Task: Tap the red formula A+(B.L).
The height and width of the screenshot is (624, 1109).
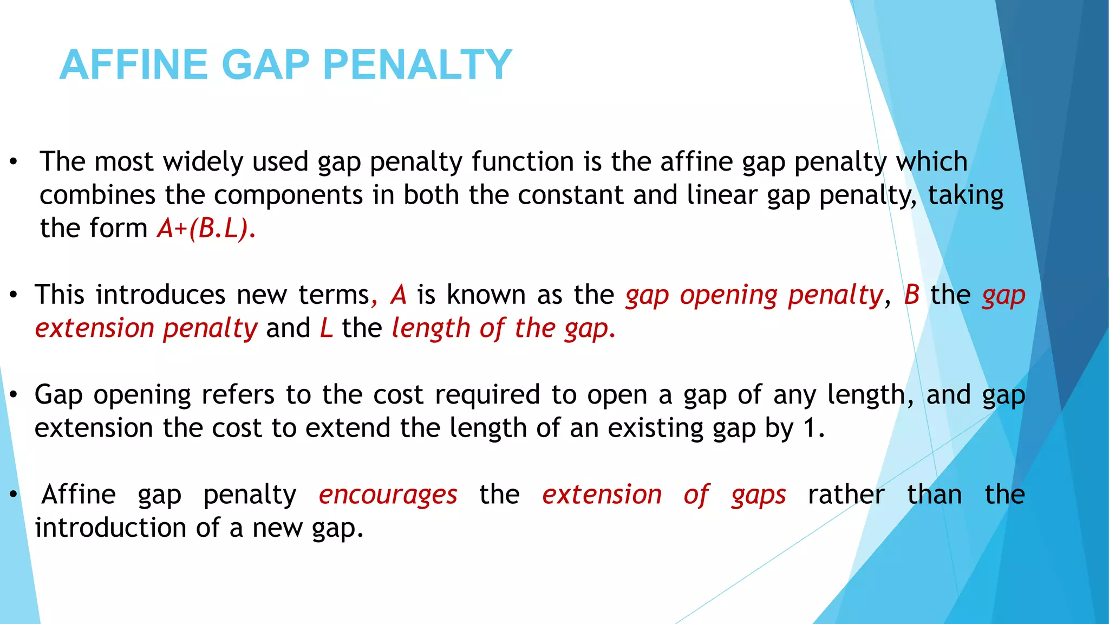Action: [x=206, y=229]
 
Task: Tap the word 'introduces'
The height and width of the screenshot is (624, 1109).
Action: [x=160, y=295]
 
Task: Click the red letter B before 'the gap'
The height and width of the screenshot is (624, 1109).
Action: [x=912, y=295]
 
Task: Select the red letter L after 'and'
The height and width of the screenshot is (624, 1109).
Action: [x=326, y=329]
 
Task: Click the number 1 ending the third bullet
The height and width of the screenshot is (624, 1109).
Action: [x=810, y=428]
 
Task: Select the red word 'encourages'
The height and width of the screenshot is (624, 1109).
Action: [x=388, y=495]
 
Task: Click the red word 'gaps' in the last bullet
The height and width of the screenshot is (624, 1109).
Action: [x=759, y=495]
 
